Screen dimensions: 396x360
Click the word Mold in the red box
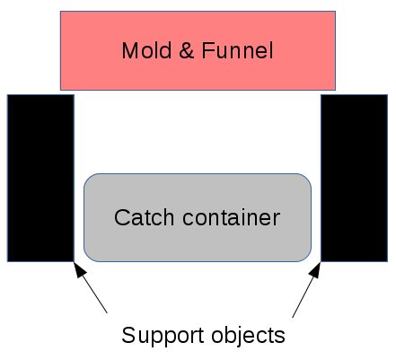click(x=146, y=50)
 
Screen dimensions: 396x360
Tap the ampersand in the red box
click(x=187, y=50)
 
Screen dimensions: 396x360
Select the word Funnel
click(x=237, y=50)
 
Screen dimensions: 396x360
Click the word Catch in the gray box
click(x=144, y=217)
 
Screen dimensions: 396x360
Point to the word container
click(x=232, y=217)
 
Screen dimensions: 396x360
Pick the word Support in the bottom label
click(x=163, y=336)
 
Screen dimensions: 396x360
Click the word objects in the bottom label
click(x=248, y=336)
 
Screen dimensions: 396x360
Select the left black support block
click(x=40, y=179)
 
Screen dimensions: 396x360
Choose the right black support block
click(x=355, y=179)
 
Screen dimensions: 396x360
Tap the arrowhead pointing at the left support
click(x=79, y=269)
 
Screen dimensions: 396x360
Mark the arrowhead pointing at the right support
click(x=315, y=269)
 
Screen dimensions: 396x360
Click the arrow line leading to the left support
click(x=91, y=287)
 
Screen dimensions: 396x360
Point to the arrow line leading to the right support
click(x=306, y=290)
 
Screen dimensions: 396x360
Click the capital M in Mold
click(x=129, y=50)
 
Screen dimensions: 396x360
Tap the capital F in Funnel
click(x=208, y=50)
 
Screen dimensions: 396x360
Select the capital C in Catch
click(x=122, y=217)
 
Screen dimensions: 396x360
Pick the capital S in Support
click(x=128, y=335)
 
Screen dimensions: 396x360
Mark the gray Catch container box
click(x=198, y=217)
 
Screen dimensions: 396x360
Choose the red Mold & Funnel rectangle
click(x=198, y=50)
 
